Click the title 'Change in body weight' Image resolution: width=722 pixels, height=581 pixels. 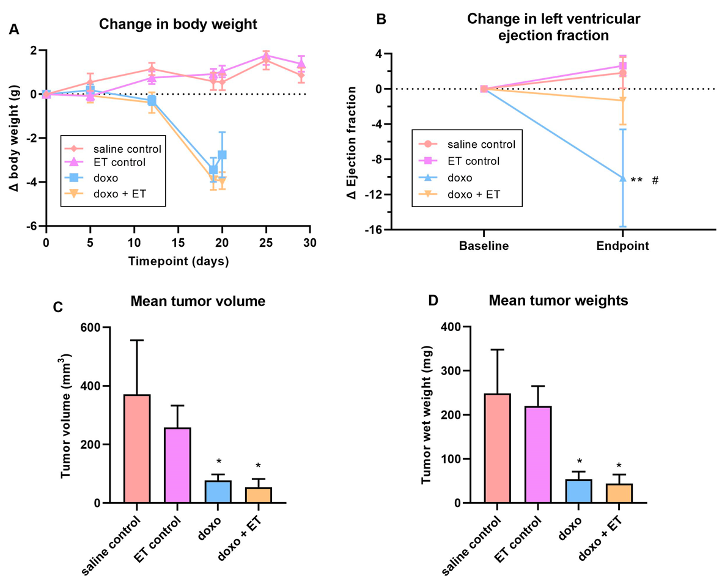click(x=179, y=26)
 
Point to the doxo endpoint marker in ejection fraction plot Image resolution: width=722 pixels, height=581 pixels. click(x=623, y=178)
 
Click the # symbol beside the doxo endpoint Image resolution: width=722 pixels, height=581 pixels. click(x=655, y=180)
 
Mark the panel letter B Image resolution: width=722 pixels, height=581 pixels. click(x=380, y=19)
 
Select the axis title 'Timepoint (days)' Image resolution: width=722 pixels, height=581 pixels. click(x=179, y=261)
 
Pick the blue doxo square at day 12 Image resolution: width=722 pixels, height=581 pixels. click(x=152, y=100)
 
